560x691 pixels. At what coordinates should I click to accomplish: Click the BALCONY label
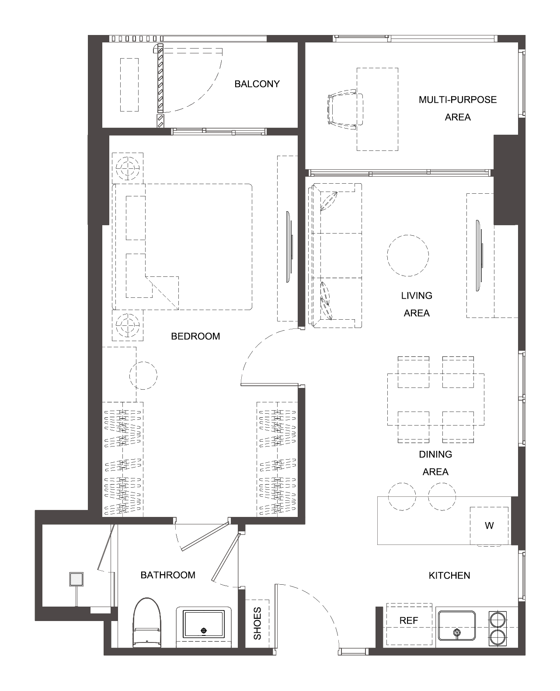257,84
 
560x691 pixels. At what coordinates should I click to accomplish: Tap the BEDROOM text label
195,336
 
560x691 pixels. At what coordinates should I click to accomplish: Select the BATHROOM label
167,575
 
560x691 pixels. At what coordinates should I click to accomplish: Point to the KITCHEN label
449,576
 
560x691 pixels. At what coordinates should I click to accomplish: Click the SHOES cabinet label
257,624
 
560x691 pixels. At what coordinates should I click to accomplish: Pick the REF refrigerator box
409,624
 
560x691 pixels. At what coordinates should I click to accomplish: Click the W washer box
489,526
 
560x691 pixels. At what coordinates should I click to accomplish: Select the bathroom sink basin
204,625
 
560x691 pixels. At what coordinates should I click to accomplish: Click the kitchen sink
456,625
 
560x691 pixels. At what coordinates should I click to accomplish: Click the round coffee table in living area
408,256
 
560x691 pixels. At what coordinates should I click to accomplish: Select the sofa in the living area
335,256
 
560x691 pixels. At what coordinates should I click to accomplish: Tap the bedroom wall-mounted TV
289,247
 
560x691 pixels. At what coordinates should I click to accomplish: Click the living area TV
479,256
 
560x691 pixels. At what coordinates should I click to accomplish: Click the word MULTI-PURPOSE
458,100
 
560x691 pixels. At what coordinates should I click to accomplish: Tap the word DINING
435,454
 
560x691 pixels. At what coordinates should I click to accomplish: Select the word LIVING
416,296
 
